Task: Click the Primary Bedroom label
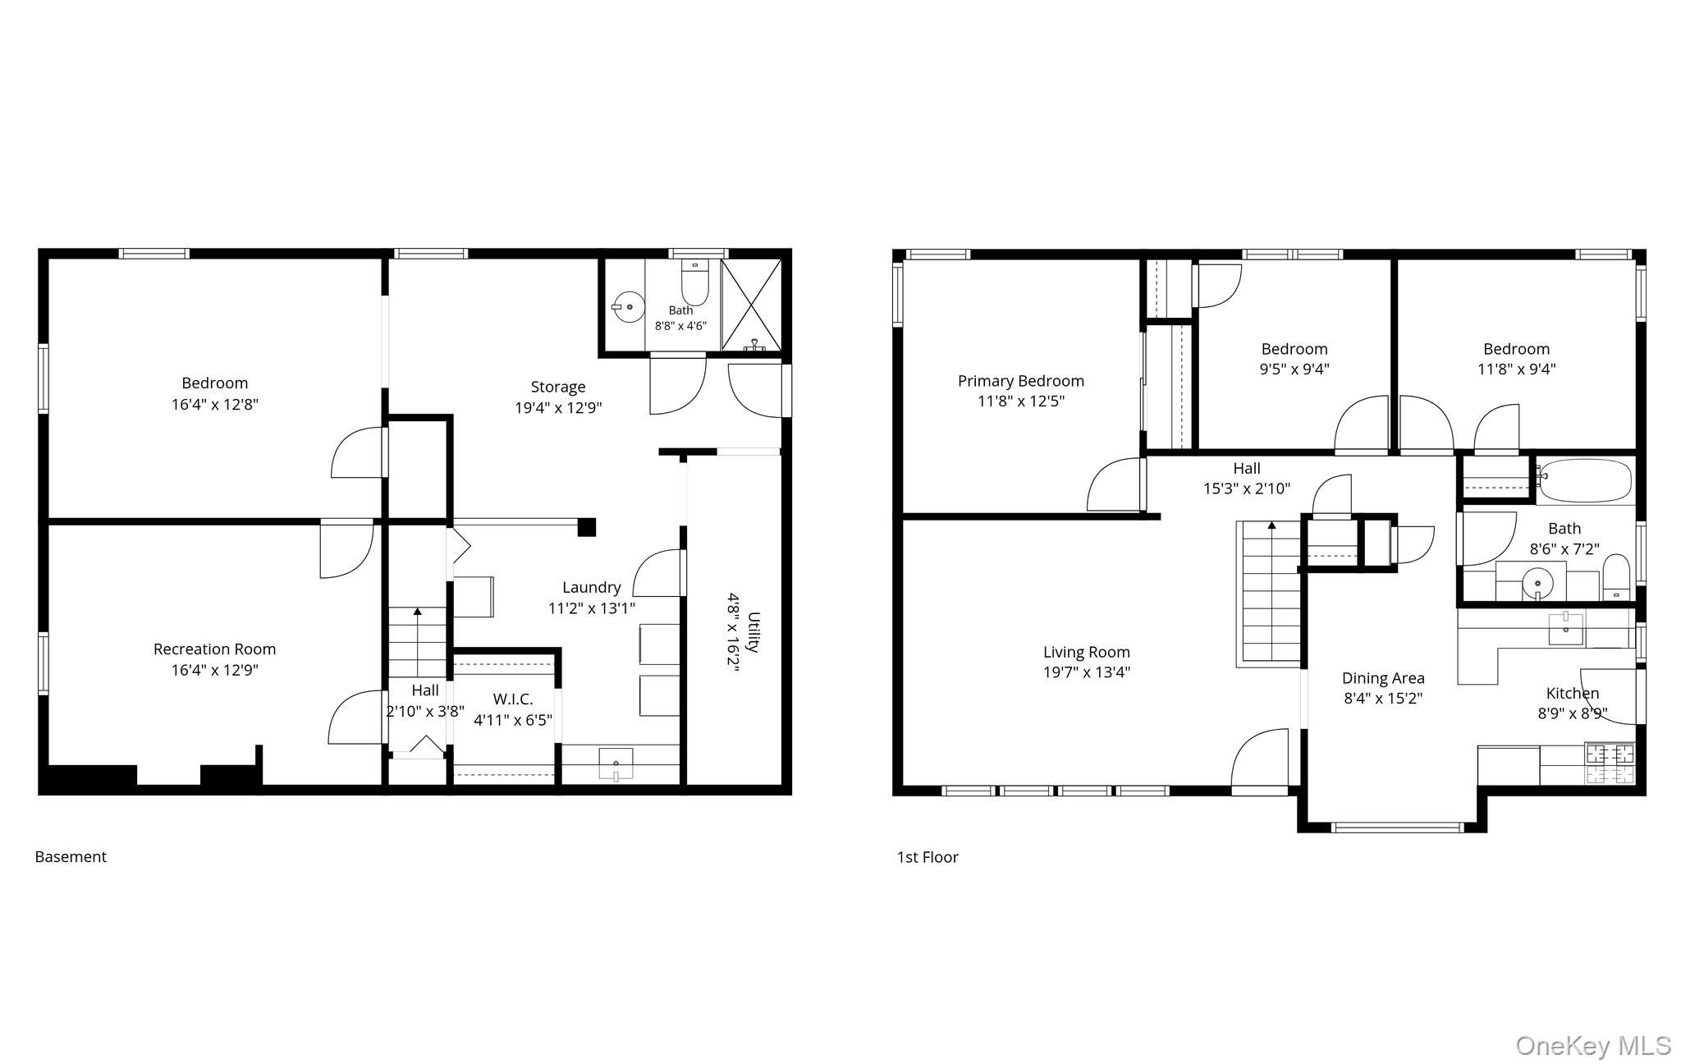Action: [1020, 381]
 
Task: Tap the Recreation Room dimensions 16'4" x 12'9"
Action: [214, 670]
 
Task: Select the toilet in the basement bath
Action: [694, 282]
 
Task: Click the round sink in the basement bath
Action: [628, 307]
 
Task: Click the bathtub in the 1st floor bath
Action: [1585, 480]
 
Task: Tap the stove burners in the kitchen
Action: [1610, 764]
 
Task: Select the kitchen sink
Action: [1566, 629]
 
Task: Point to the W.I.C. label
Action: [513, 699]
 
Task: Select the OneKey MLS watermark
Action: [1593, 1045]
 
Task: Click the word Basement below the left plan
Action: [71, 857]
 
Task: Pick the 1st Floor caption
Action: [928, 857]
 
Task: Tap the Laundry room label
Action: [591, 588]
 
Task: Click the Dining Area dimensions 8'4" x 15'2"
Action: [1383, 699]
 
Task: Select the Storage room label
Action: [558, 387]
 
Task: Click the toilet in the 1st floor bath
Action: [1616, 576]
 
